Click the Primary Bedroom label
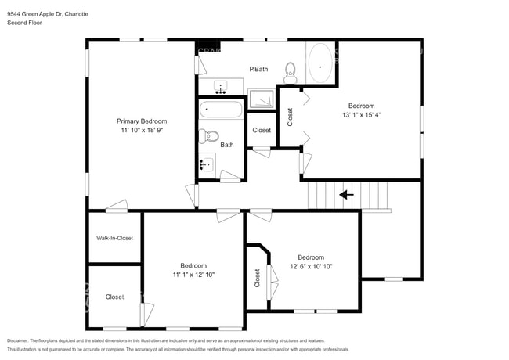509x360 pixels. coord(142,121)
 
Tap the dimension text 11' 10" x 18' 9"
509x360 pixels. coord(142,131)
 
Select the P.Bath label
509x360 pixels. coord(258,70)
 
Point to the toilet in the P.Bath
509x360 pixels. coord(291,72)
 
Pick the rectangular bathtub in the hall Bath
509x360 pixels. coord(221,108)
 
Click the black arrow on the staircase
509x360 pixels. coord(345,194)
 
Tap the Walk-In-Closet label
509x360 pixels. coord(114,238)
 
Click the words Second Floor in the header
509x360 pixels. coord(24,23)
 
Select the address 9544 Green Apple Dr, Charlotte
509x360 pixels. coord(48,13)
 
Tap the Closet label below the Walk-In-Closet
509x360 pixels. coord(114,297)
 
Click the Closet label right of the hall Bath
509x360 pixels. coord(261,130)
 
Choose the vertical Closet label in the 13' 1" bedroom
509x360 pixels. coord(290,117)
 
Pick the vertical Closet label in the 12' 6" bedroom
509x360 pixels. coord(257,278)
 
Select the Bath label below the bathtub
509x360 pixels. coord(226,145)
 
